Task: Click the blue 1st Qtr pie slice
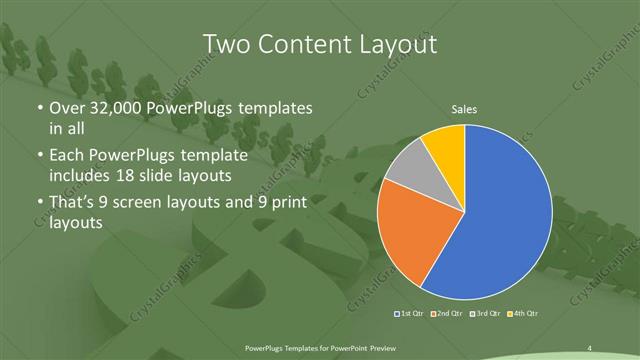click(x=500, y=220)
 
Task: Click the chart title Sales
click(x=463, y=109)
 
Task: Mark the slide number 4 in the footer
click(x=590, y=347)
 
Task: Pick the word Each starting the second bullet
click(x=67, y=156)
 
